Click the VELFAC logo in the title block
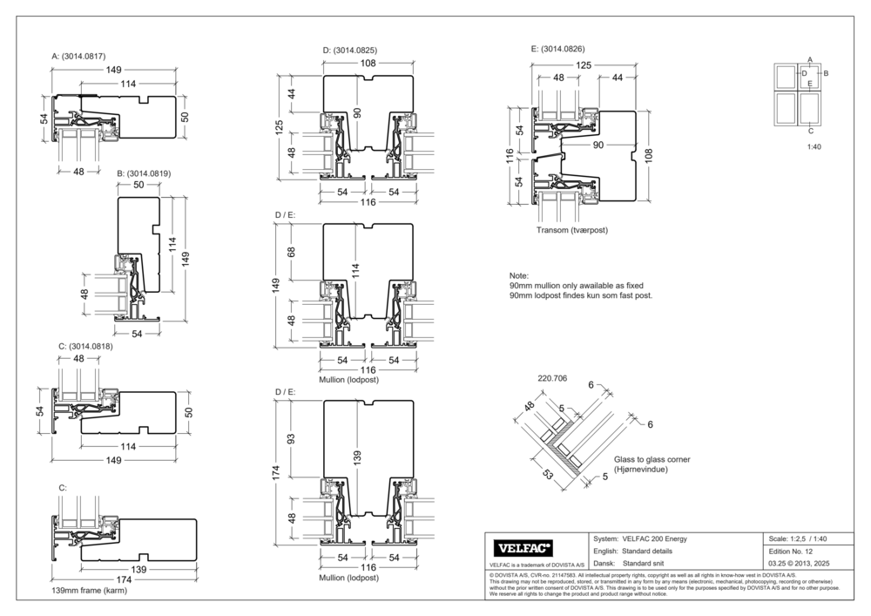click(x=524, y=548)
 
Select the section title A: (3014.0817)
click(x=84, y=57)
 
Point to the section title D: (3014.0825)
click(x=349, y=51)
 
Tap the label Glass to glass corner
click(x=652, y=459)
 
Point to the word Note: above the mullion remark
click(x=519, y=275)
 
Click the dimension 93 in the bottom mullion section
click(x=291, y=437)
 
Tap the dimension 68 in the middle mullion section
click(x=291, y=252)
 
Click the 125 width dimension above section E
click(x=583, y=65)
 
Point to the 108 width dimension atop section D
click(x=368, y=64)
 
